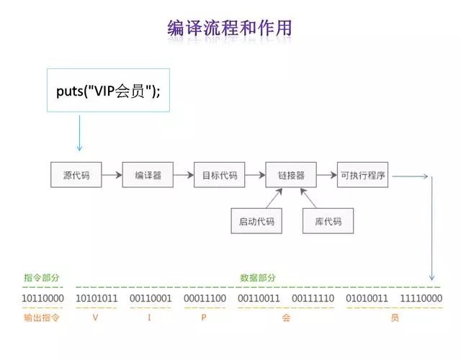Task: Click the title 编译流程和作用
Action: pos(230,29)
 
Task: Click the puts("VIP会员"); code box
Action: pos(109,90)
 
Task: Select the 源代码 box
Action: pos(76,175)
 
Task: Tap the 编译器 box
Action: pos(148,175)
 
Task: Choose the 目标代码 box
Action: pos(220,175)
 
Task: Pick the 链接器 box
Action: pos(291,175)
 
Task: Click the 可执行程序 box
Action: pos(363,175)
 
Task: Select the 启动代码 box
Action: pos(256,221)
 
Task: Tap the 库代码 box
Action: pos(328,221)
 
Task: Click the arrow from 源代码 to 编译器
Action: pos(112,175)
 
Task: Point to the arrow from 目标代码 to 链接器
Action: pos(256,175)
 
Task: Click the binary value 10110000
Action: pos(43,298)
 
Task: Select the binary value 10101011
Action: pos(97,298)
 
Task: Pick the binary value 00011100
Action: pos(205,298)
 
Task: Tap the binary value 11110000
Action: pos(421,298)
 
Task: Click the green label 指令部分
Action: pos(42,277)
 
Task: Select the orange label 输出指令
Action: pos(42,318)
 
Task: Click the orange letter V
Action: pos(96,318)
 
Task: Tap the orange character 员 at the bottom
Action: pos(394,318)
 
